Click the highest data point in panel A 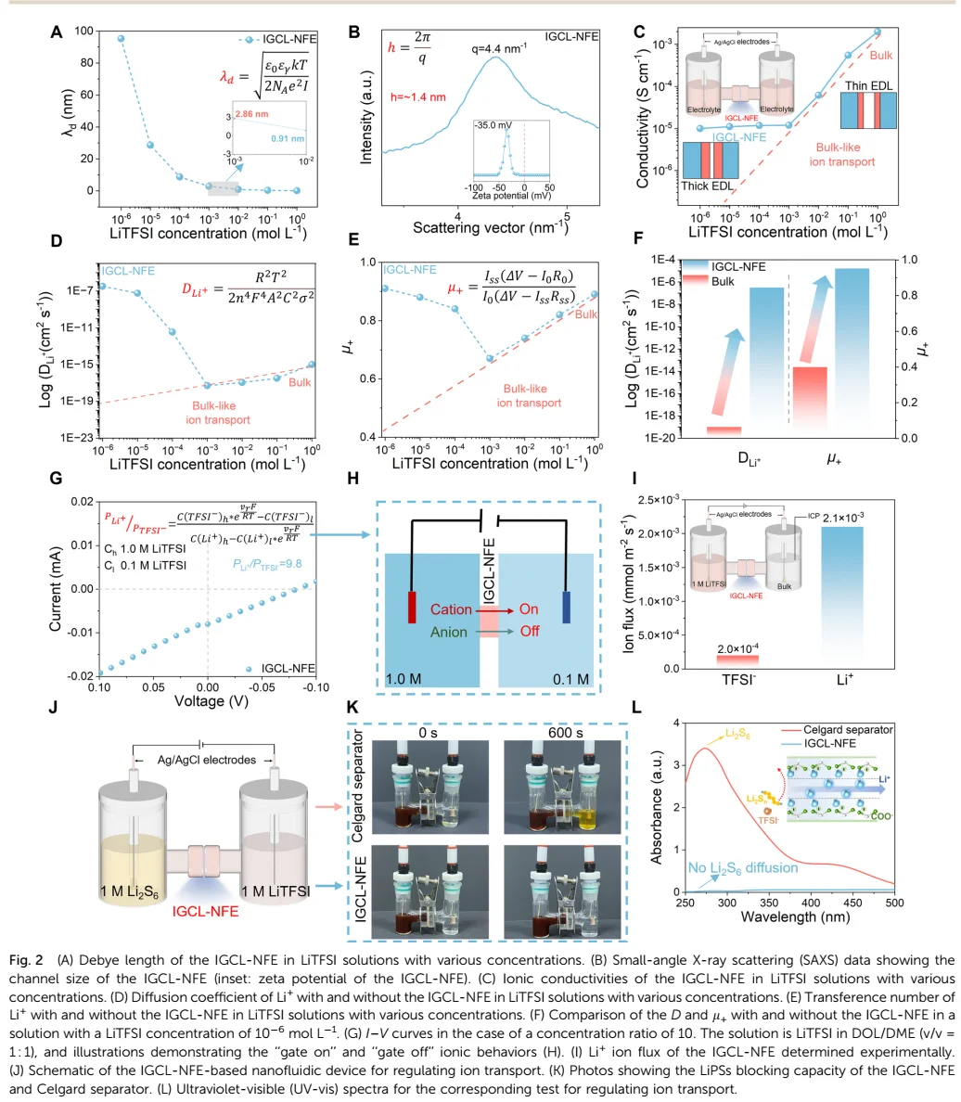pos(121,39)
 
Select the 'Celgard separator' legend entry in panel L pos(858,730)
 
